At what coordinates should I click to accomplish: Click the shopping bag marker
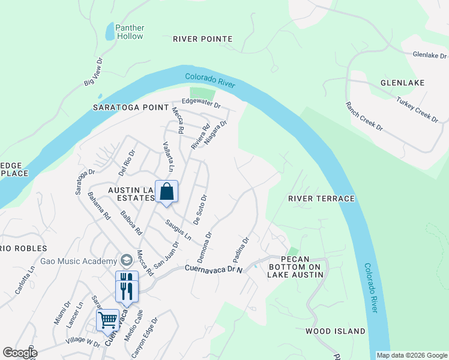[167, 193]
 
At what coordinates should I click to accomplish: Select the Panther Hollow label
[129, 32]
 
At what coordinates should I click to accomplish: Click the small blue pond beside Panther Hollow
[109, 31]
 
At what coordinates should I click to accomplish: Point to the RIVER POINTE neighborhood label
[202, 39]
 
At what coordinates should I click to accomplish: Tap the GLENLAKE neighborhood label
[402, 83]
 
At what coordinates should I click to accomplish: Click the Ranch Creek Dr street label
[364, 116]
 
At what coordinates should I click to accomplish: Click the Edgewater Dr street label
[202, 104]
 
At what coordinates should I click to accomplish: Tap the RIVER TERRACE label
[321, 199]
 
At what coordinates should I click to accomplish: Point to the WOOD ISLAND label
[335, 331]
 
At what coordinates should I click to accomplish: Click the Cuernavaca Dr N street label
[213, 269]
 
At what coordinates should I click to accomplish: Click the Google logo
[19, 353]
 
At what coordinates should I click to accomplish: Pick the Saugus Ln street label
[178, 230]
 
